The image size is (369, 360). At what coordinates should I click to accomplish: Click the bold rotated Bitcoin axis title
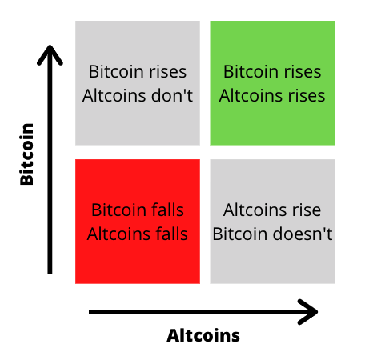26,154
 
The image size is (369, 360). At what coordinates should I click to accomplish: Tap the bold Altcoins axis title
203,335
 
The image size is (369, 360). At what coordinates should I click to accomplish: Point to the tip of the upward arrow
50,46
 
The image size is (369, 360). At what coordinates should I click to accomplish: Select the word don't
172,95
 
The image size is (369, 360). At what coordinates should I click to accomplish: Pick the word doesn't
303,234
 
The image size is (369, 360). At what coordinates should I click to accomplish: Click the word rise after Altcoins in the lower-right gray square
307,210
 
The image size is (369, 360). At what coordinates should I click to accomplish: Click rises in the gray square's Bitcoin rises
168,72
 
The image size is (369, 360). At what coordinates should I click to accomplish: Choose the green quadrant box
272,83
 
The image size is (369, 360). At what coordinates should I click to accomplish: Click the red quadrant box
138,222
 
